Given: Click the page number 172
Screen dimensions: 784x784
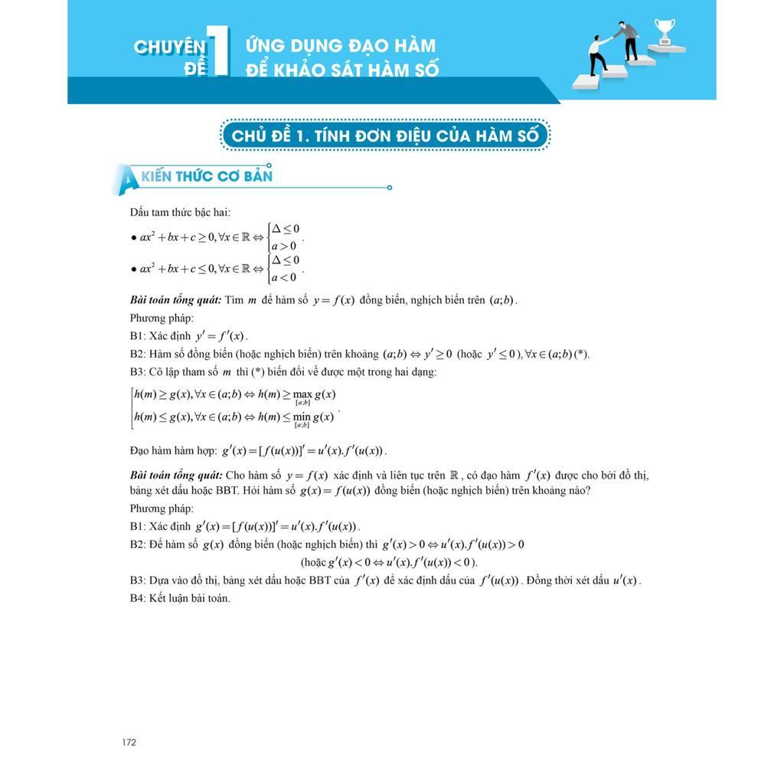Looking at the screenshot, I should (129, 742).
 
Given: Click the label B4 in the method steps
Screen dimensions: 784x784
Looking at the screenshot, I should (138, 598).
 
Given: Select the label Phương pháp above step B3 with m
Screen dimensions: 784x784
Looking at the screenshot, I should (162, 318).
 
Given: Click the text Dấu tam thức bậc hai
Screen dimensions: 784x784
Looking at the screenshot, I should (180, 212).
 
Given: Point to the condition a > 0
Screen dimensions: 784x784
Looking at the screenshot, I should (283, 246).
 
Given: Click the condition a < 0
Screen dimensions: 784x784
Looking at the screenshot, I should (283, 277).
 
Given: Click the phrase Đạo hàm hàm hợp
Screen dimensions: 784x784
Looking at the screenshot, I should (173, 450).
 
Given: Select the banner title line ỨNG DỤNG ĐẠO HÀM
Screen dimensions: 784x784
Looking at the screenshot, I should (341, 45).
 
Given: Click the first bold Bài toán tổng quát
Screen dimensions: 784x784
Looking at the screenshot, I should (175, 300).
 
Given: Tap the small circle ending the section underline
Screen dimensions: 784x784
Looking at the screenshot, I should (390, 187).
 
